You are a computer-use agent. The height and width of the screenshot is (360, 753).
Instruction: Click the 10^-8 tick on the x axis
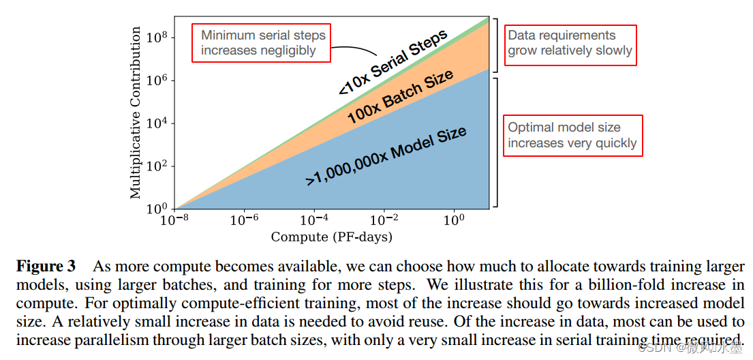click(175, 220)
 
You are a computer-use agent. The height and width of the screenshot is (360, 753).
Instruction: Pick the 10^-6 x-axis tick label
click(245, 220)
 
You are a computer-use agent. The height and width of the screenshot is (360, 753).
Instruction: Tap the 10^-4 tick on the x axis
click(314, 220)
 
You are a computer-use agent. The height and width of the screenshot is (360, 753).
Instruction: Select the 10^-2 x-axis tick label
click(384, 220)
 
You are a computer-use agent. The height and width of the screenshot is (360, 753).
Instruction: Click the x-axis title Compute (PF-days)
click(332, 237)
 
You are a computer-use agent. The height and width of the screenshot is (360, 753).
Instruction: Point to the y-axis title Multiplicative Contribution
click(136, 112)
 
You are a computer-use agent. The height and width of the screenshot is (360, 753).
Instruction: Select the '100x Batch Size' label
click(400, 97)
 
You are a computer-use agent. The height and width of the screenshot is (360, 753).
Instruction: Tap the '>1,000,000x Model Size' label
click(386, 155)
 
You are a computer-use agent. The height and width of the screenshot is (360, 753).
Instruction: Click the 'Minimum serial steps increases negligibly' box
click(263, 42)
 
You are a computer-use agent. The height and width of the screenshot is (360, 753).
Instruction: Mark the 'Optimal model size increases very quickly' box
click(572, 136)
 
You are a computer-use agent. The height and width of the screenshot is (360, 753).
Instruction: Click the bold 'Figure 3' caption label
click(46, 266)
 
